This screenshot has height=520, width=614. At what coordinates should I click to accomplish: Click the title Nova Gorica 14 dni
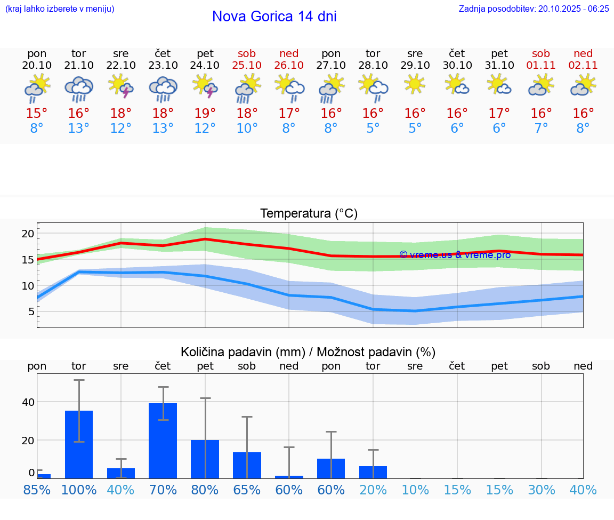coord(274,17)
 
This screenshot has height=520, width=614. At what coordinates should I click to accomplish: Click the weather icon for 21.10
coord(79,89)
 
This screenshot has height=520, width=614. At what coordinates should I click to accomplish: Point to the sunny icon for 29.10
coord(415,84)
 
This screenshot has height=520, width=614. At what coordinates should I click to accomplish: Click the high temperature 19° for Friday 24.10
coord(205,114)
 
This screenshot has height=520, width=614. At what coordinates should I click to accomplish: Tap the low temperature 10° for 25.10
coord(247,129)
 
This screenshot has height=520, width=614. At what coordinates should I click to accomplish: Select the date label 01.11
coord(541,65)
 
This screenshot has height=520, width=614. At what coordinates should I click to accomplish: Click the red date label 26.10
coord(289,65)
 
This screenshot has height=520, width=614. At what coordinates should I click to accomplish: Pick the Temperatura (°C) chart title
coord(309,213)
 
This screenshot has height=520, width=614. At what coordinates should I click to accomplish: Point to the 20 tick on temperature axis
coord(28,234)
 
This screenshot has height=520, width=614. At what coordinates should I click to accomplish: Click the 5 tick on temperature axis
coord(31,311)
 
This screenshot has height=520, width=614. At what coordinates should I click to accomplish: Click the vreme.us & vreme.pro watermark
coord(455,254)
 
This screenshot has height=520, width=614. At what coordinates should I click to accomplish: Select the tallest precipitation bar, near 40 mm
coord(163,441)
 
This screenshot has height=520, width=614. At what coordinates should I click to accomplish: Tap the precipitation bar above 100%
coord(79,444)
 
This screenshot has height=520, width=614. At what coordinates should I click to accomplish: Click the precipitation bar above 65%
coord(247,465)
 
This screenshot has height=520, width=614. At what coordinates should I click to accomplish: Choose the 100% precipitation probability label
coord(79,490)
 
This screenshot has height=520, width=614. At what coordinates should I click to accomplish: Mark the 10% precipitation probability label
coord(415,490)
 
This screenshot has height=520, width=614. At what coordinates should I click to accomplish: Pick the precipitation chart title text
coord(308,352)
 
